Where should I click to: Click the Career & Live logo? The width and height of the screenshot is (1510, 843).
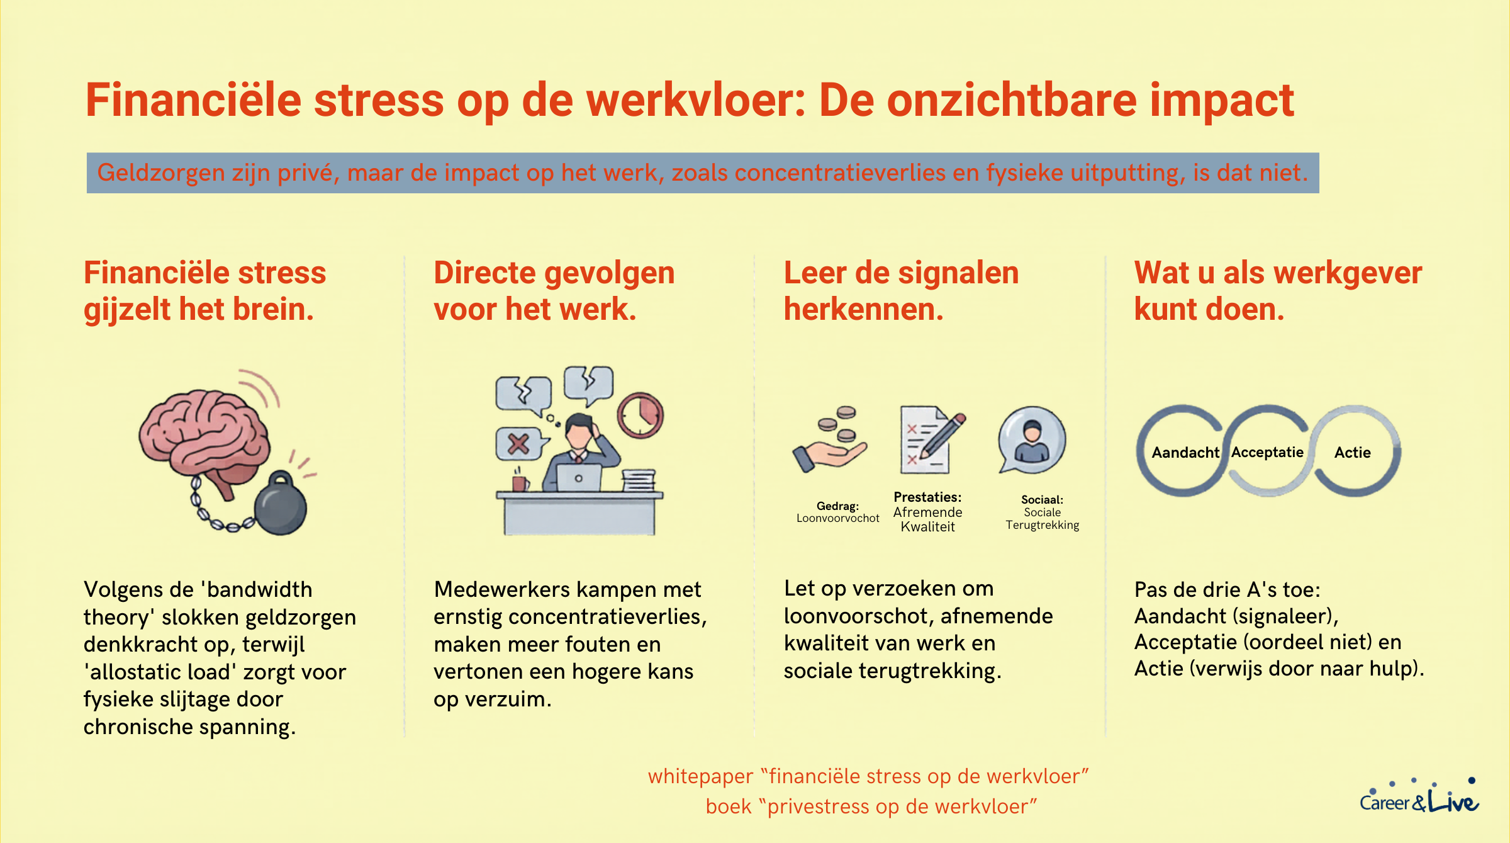pyautogui.click(x=1419, y=797)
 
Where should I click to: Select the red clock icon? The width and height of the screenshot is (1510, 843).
pyautogui.click(x=640, y=416)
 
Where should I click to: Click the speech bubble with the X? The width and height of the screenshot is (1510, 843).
pyautogui.click(x=520, y=444)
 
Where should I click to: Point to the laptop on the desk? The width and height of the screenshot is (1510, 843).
pyautogui.click(x=579, y=478)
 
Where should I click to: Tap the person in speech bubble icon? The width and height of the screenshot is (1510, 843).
pyautogui.click(x=1032, y=440)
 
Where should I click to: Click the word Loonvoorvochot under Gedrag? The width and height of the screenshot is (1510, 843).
pyautogui.click(x=837, y=518)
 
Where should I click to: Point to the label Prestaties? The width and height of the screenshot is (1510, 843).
pyautogui.click(x=927, y=497)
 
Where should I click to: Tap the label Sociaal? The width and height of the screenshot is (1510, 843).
pyautogui.click(x=1042, y=500)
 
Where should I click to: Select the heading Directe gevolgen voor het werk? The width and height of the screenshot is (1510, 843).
pyautogui.click(x=554, y=291)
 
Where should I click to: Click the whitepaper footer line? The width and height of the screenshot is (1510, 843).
pyautogui.click(x=868, y=776)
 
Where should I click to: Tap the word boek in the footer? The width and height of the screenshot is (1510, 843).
pyautogui.click(x=729, y=806)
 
